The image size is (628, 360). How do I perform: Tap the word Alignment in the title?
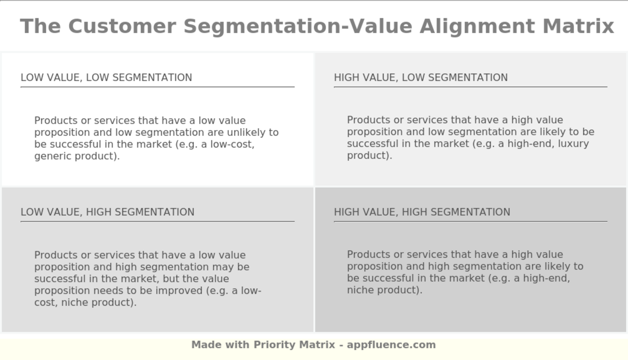(x=477, y=26)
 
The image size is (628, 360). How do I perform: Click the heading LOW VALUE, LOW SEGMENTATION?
(x=106, y=78)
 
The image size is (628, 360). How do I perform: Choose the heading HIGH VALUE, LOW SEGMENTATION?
(x=421, y=78)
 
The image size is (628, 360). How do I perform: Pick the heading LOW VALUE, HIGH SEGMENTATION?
(x=108, y=212)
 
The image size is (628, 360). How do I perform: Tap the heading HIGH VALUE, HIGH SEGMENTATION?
(x=422, y=212)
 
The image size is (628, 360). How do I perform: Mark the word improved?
(x=179, y=291)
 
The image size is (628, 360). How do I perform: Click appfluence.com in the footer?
(x=391, y=345)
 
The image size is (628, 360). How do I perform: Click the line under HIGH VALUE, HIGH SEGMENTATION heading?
(x=470, y=221)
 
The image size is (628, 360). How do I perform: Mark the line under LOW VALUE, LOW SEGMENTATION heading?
(x=157, y=87)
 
